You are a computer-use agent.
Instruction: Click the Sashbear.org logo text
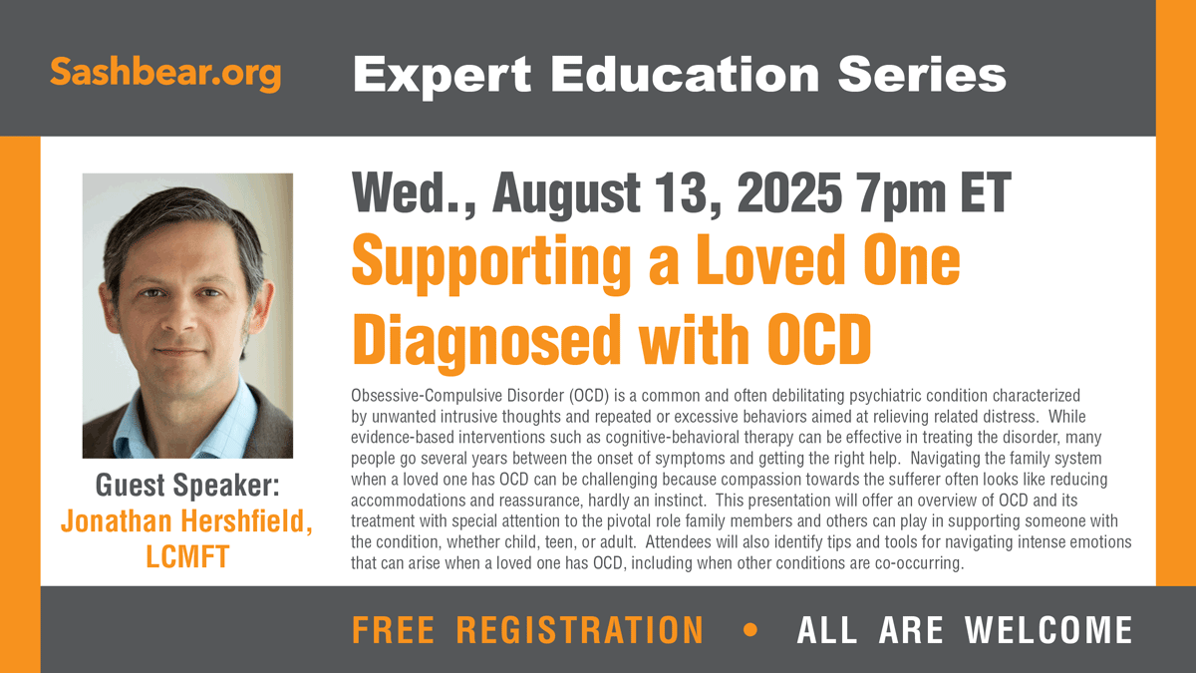pyautogui.click(x=165, y=73)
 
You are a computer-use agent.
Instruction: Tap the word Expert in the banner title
pyautogui.click(x=443, y=76)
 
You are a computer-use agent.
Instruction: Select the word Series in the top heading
pyautogui.click(x=922, y=74)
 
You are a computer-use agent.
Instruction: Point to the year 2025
pyautogui.click(x=789, y=192)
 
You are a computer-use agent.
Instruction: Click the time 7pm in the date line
pyautogui.click(x=900, y=194)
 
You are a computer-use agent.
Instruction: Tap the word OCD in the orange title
pyautogui.click(x=819, y=339)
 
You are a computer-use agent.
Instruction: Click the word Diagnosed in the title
pyautogui.click(x=486, y=342)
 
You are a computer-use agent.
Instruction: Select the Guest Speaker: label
pyautogui.click(x=187, y=486)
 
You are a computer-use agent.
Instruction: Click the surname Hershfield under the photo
pyautogui.click(x=247, y=520)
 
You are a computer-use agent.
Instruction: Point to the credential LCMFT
pyautogui.click(x=187, y=556)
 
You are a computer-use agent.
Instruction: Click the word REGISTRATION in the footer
pyautogui.click(x=580, y=630)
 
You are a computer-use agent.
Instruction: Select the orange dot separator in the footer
pyautogui.click(x=750, y=630)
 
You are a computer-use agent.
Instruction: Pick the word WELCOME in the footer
pyautogui.click(x=1048, y=630)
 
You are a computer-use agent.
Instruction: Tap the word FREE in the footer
pyautogui.click(x=393, y=630)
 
